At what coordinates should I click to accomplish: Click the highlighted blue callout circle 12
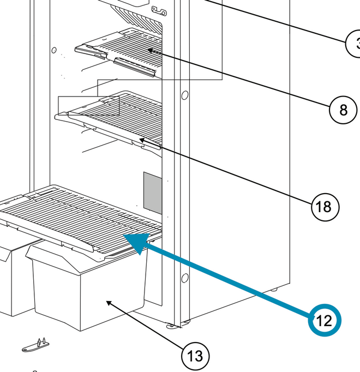point(324,320)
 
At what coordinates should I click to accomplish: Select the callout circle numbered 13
point(195,356)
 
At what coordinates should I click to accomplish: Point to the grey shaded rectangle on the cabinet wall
point(153,192)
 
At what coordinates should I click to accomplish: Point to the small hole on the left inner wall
point(54,51)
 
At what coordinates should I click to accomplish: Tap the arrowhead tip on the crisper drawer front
point(109,301)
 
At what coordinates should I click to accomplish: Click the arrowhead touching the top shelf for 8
point(149,50)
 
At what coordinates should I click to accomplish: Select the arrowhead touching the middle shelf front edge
point(141,140)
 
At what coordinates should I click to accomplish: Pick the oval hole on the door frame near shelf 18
point(184,97)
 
